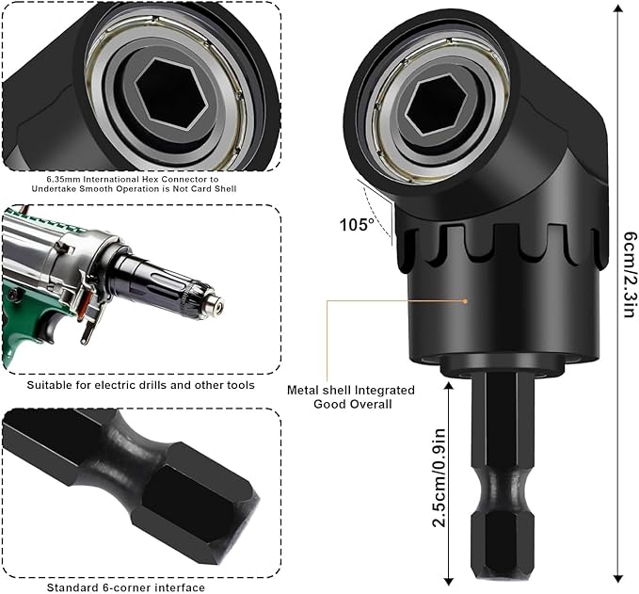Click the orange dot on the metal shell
tap(466, 301)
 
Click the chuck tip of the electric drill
tap(217, 304)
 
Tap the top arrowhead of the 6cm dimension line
tap(616, 8)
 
